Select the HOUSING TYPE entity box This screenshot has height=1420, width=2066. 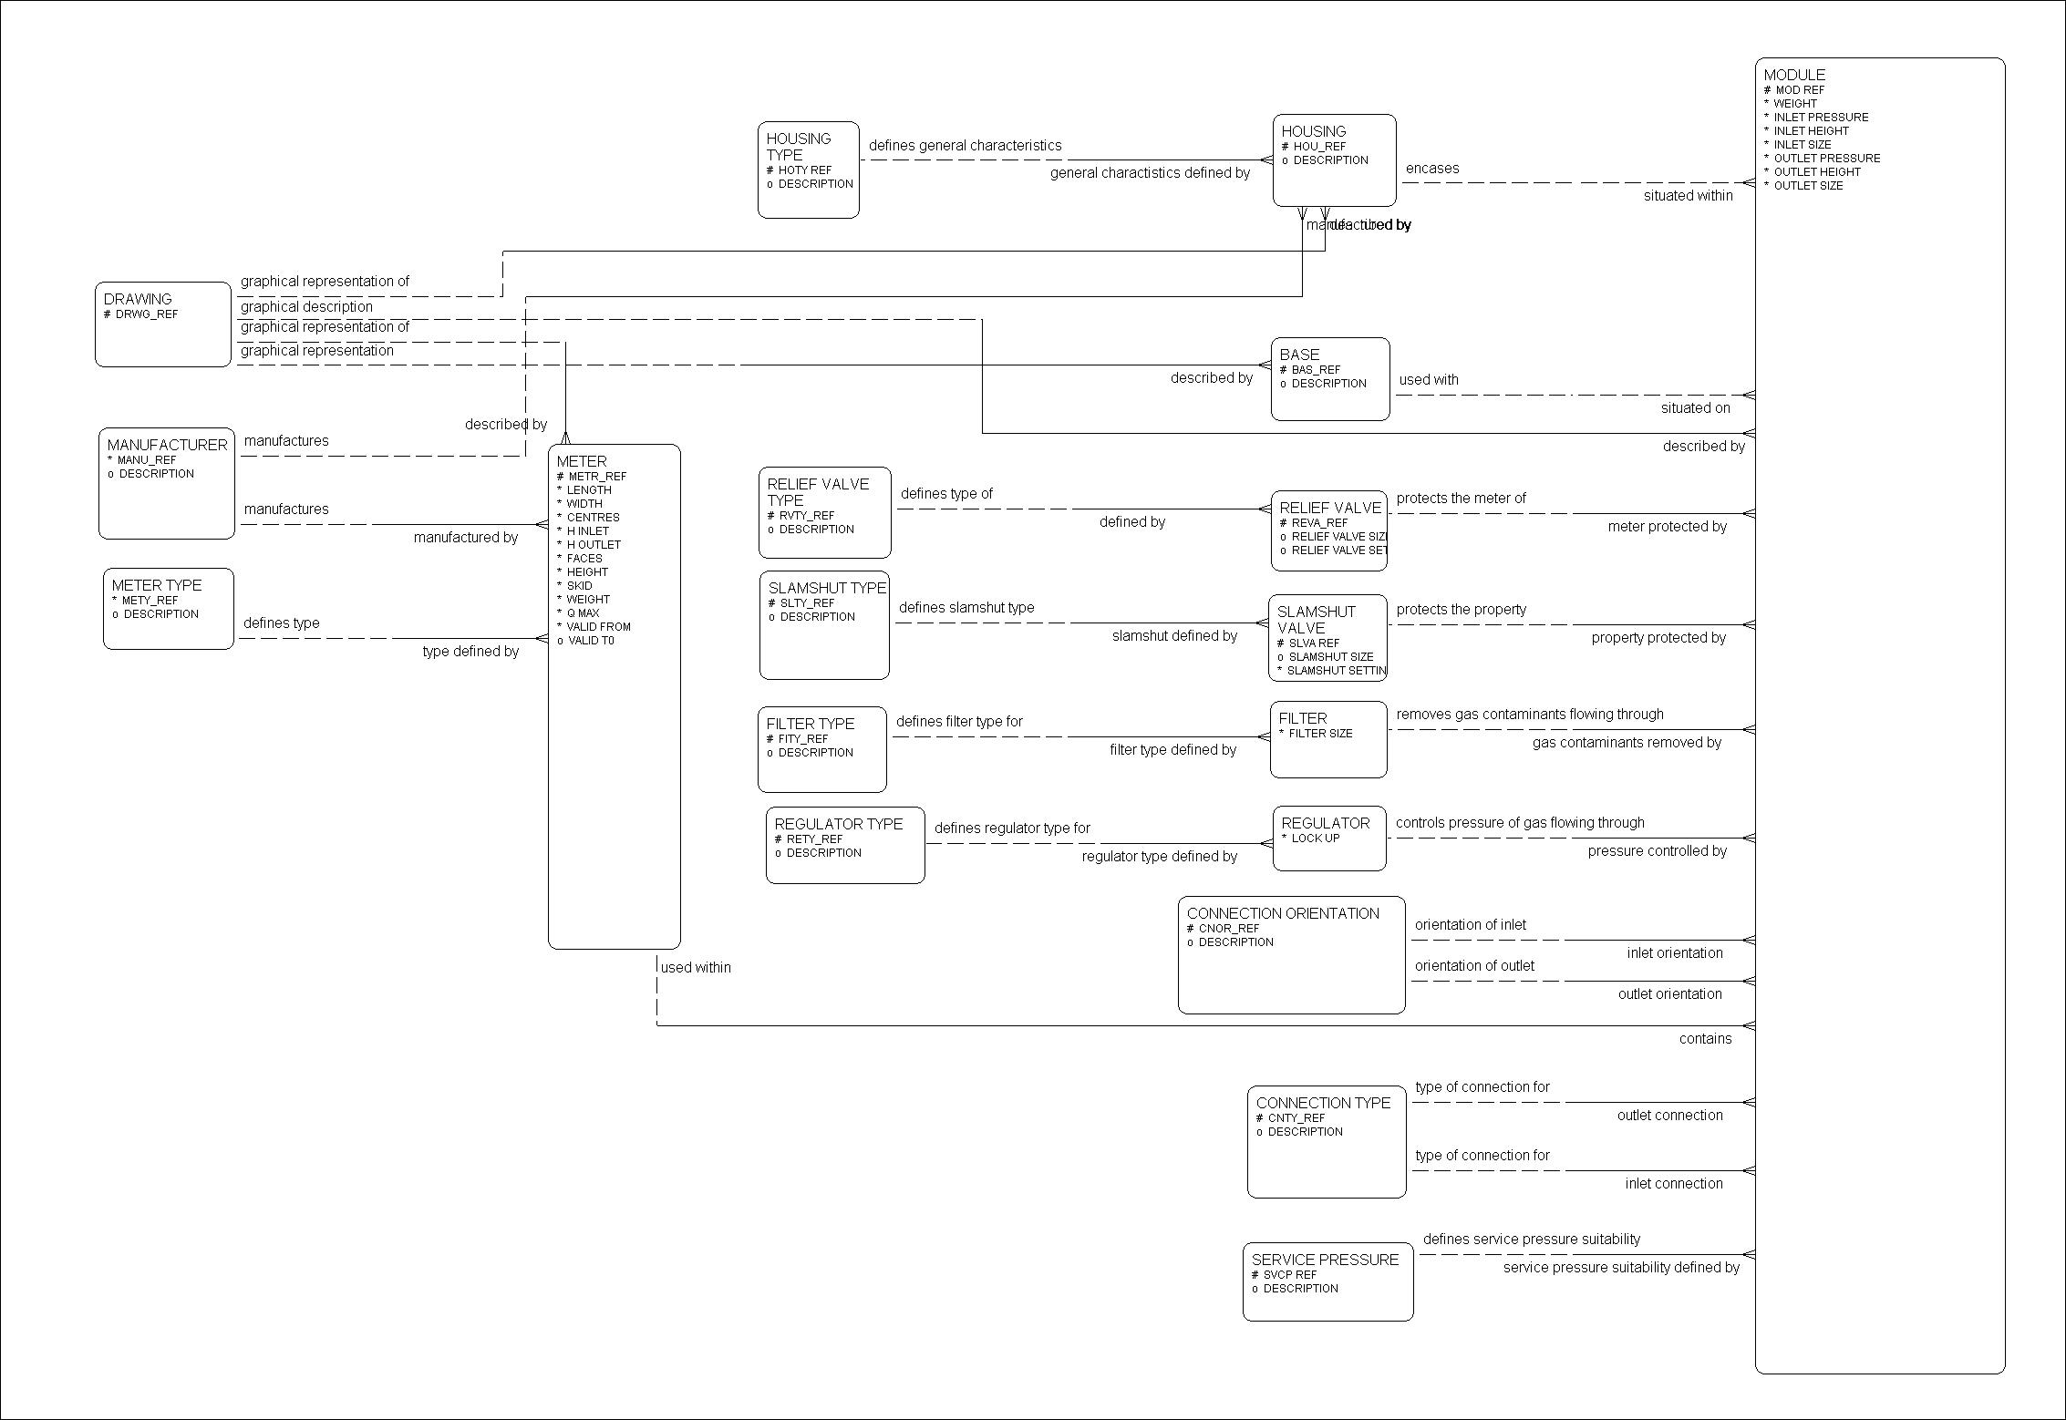click(x=808, y=170)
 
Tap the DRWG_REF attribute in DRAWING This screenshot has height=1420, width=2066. click(x=146, y=314)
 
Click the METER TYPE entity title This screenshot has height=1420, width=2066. click(x=157, y=585)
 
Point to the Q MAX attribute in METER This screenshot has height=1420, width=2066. click(x=583, y=613)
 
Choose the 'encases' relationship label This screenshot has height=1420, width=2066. click(x=1432, y=169)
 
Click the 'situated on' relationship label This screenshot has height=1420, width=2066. click(x=1695, y=408)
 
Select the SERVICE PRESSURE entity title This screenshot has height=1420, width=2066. click(x=1325, y=1260)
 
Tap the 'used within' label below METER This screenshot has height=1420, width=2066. click(x=696, y=968)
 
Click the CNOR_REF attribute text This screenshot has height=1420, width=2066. click(x=1228, y=929)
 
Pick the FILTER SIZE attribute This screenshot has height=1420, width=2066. click(x=1320, y=734)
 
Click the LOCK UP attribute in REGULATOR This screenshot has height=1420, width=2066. click(x=1315, y=839)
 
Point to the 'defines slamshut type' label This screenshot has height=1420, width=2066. click(x=966, y=608)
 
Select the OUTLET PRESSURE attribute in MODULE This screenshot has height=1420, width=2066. click(x=1826, y=159)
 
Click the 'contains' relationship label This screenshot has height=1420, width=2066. click(x=1705, y=1039)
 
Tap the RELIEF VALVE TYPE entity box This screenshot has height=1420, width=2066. click(x=824, y=512)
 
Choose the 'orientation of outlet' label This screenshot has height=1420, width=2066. click(x=1474, y=966)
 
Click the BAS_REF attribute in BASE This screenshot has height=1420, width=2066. click(x=1316, y=370)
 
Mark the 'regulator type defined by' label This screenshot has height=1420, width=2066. click(x=1160, y=857)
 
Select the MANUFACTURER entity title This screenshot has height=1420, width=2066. click(x=168, y=445)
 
